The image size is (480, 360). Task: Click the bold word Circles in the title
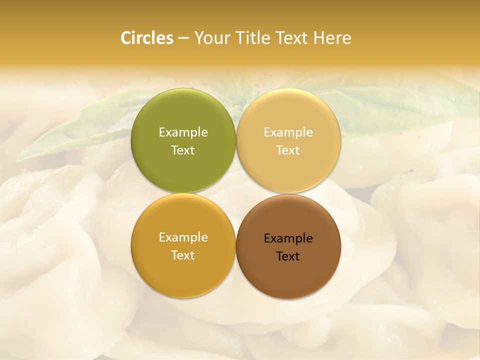(x=146, y=38)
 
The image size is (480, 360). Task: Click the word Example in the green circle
(x=183, y=132)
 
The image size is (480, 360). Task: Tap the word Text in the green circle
(x=183, y=150)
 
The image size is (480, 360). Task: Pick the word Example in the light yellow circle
(x=288, y=132)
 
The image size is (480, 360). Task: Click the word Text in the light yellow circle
(x=288, y=150)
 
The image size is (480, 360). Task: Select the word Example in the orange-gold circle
(x=183, y=237)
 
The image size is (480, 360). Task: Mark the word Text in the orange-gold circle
(x=183, y=255)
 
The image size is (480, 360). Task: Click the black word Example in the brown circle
(x=288, y=238)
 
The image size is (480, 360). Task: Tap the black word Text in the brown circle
(x=288, y=256)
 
